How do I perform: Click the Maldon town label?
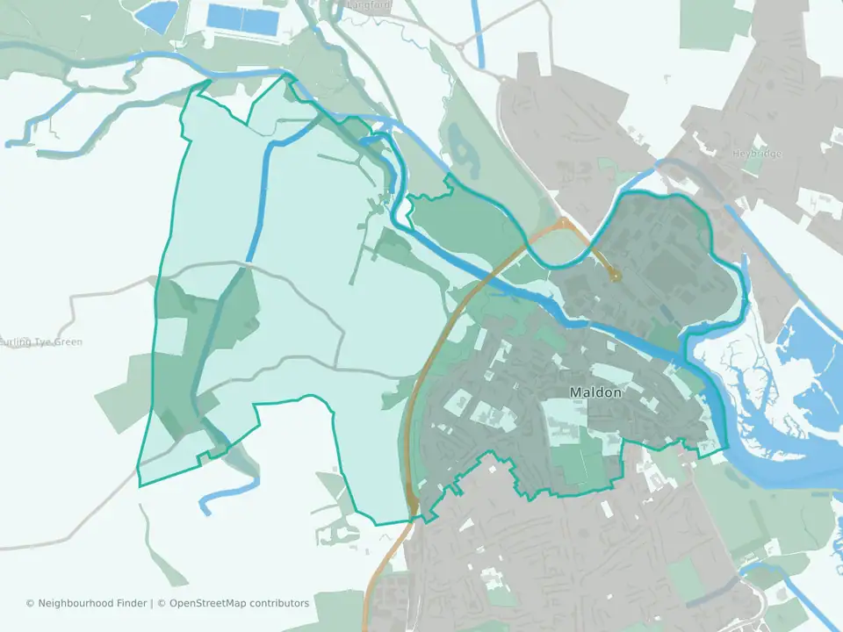[595, 392]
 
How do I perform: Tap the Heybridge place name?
[756, 154]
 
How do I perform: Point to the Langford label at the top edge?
[369, 4]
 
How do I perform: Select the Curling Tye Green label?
[41, 341]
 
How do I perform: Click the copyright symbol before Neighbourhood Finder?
[30, 603]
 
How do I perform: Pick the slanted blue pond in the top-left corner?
[155, 15]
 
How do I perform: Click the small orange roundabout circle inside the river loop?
[616, 276]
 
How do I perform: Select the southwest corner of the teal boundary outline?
[140, 485]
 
